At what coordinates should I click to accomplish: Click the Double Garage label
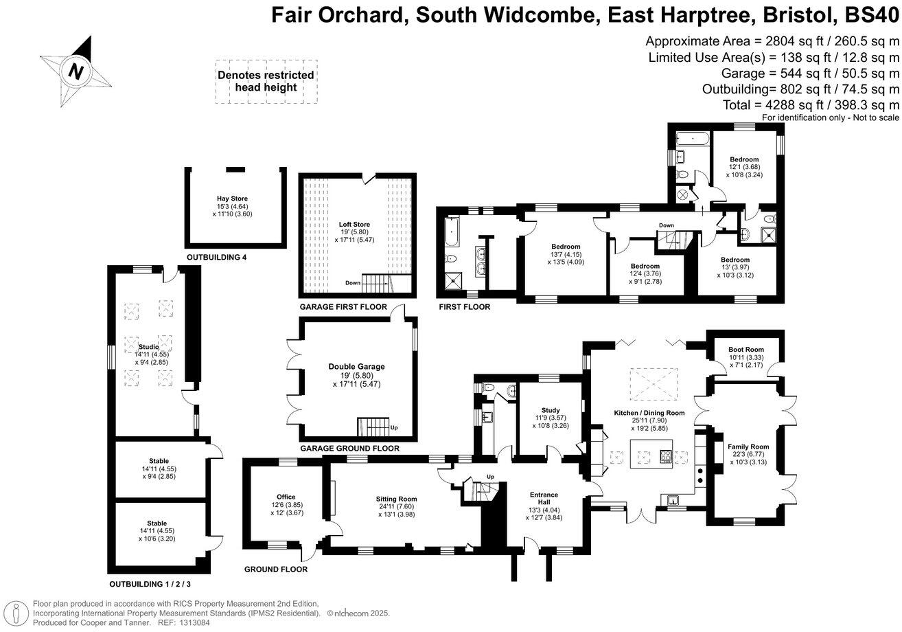356,367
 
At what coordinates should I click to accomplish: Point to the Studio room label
148,347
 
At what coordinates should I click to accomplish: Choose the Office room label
286,497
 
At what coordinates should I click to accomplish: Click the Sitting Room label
396,499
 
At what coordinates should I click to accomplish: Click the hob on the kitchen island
666,457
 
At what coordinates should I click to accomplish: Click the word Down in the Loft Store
353,283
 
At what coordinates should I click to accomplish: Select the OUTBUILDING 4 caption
216,258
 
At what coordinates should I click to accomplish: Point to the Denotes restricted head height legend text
266,81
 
